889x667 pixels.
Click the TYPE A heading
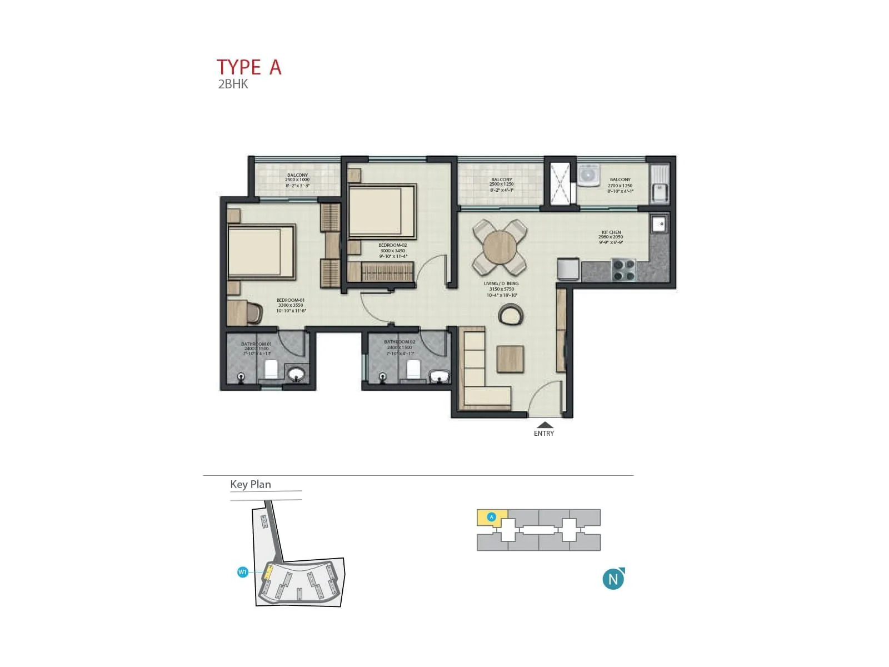click(249, 67)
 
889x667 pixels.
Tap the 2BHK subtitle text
click(233, 84)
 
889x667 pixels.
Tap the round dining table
click(500, 247)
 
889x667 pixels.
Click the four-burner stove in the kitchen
click(623, 270)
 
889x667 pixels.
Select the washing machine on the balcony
click(587, 175)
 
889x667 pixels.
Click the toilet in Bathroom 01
click(271, 370)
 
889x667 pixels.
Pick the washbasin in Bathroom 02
click(440, 377)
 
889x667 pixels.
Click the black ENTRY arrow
click(545, 425)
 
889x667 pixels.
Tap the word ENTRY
click(544, 434)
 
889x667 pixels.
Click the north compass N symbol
click(613, 579)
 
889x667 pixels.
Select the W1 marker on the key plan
click(242, 572)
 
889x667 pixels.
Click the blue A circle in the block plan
click(491, 517)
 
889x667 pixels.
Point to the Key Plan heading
click(251, 484)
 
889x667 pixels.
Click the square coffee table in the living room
click(510, 359)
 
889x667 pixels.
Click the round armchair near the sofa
click(511, 315)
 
